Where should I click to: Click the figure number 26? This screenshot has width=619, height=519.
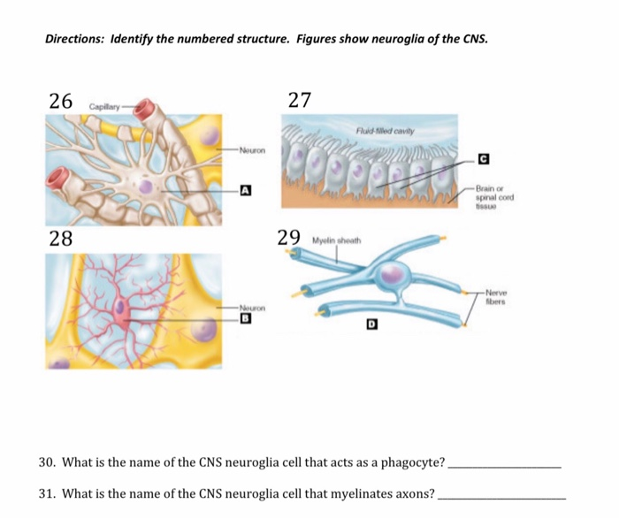point(61,100)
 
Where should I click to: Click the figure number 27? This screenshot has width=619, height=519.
point(300,100)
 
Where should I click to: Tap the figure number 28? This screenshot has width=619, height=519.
point(61,239)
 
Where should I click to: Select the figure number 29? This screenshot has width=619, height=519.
point(289,237)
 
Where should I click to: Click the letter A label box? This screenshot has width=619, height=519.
point(245,189)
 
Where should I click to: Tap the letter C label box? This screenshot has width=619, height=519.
point(483,159)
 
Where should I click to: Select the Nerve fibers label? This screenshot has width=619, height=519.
point(498,296)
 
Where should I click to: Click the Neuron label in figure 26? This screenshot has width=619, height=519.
point(251,149)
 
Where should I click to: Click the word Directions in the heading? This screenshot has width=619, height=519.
point(75,40)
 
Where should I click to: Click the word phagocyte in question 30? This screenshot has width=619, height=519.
point(411,462)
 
